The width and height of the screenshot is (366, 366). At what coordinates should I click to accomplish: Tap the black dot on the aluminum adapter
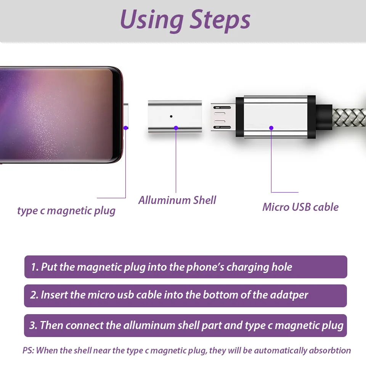pyautogui.click(x=171, y=116)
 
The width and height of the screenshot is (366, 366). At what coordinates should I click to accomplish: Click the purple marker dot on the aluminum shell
pyautogui.click(x=176, y=128)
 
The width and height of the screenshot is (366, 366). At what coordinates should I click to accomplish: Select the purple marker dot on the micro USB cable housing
pyautogui.click(x=271, y=128)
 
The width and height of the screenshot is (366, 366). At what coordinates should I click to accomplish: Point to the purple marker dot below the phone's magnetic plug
pyautogui.click(x=126, y=128)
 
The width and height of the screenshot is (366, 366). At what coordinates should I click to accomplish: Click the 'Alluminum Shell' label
pyautogui.click(x=177, y=200)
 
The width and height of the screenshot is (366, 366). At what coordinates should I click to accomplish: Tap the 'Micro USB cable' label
pyautogui.click(x=300, y=207)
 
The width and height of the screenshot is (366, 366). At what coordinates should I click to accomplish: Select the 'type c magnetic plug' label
pyautogui.click(x=66, y=211)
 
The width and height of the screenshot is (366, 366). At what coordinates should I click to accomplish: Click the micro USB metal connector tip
pyautogui.click(x=223, y=117)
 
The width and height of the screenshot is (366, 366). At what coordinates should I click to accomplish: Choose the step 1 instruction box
pyautogui.click(x=186, y=267)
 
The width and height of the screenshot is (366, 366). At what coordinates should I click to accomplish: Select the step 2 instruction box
pyautogui.click(x=185, y=295)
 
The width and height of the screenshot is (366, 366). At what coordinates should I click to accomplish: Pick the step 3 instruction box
pyautogui.click(x=185, y=325)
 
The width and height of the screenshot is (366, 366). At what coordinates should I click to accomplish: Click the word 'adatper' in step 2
pyautogui.click(x=289, y=295)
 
